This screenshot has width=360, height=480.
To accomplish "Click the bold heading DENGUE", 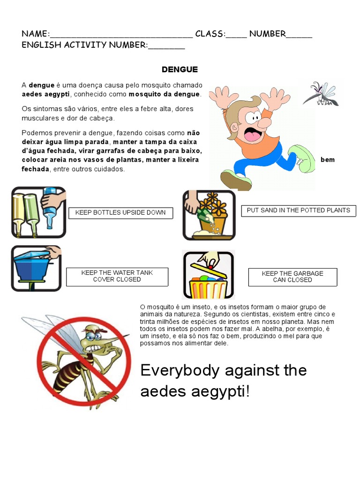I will point(180,70).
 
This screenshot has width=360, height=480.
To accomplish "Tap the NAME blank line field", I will point(121,35).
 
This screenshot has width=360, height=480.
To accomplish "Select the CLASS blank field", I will point(236,35).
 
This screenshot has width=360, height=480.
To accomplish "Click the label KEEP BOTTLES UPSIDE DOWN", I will point(120,213).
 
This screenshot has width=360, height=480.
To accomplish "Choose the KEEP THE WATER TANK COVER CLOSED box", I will point(117,276).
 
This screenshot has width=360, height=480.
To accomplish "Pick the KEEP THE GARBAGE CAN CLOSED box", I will point(292,277).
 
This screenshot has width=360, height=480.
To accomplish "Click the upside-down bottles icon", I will point(38,212).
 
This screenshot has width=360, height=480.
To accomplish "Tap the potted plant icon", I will point(209,215).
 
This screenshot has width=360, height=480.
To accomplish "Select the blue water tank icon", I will point(36,268).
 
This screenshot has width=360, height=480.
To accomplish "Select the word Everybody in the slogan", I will point(180,370).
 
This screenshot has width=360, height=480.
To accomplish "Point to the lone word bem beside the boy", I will point(328,160).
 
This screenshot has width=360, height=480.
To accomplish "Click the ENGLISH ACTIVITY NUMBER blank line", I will point(166,47).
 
